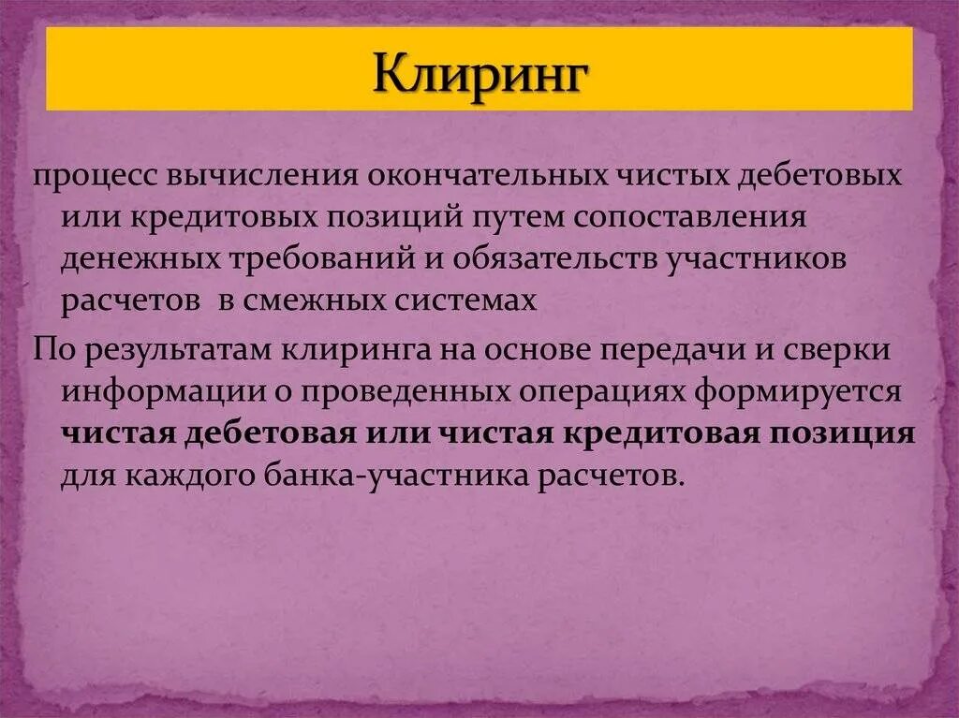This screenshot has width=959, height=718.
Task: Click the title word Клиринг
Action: (x=479, y=72)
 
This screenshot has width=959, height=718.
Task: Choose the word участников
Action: (x=756, y=258)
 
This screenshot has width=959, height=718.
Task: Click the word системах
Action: (x=468, y=300)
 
